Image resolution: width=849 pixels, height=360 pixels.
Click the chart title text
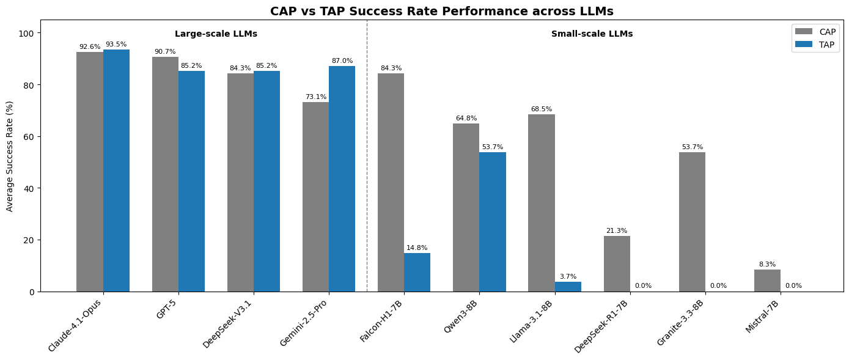441,11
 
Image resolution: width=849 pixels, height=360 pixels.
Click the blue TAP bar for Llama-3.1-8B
568,287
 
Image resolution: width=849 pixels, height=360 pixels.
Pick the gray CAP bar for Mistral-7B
767,281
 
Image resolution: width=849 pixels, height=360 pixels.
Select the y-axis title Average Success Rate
10,156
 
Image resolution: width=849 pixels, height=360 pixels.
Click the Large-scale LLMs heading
216,34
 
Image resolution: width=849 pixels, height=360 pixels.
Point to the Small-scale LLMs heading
592,34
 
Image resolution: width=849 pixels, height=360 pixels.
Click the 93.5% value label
116,45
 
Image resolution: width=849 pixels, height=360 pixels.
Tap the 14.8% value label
417,248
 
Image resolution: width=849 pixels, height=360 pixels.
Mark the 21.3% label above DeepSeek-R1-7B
616,231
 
